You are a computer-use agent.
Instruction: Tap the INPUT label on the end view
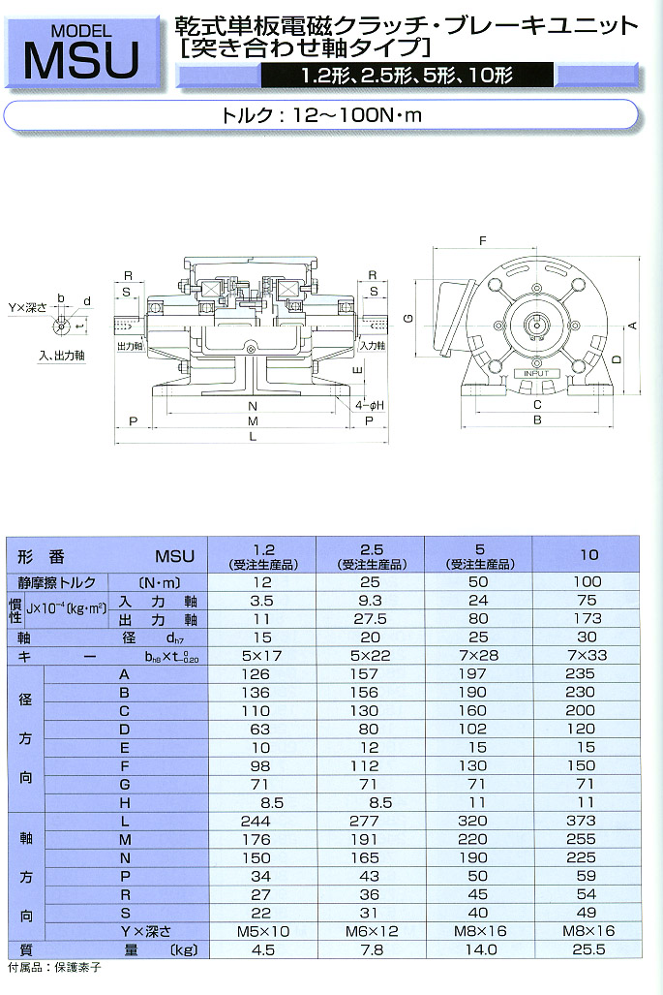[535, 373]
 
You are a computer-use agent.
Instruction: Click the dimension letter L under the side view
[254, 438]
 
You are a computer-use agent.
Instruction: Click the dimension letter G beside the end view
[409, 318]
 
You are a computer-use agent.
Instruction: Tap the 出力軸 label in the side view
[130, 345]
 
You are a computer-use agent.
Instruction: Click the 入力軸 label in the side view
[372, 345]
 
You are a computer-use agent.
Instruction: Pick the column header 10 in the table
[588, 556]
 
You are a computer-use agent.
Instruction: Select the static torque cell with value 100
[588, 581]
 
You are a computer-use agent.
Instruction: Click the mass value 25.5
[588, 949]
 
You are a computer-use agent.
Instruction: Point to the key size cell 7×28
[480, 656]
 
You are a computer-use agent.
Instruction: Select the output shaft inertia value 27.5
[371, 619]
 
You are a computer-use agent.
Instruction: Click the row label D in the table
[124, 729]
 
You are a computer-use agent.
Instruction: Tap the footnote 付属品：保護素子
[54, 967]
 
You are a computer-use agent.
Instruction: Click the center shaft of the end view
[534, 325]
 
